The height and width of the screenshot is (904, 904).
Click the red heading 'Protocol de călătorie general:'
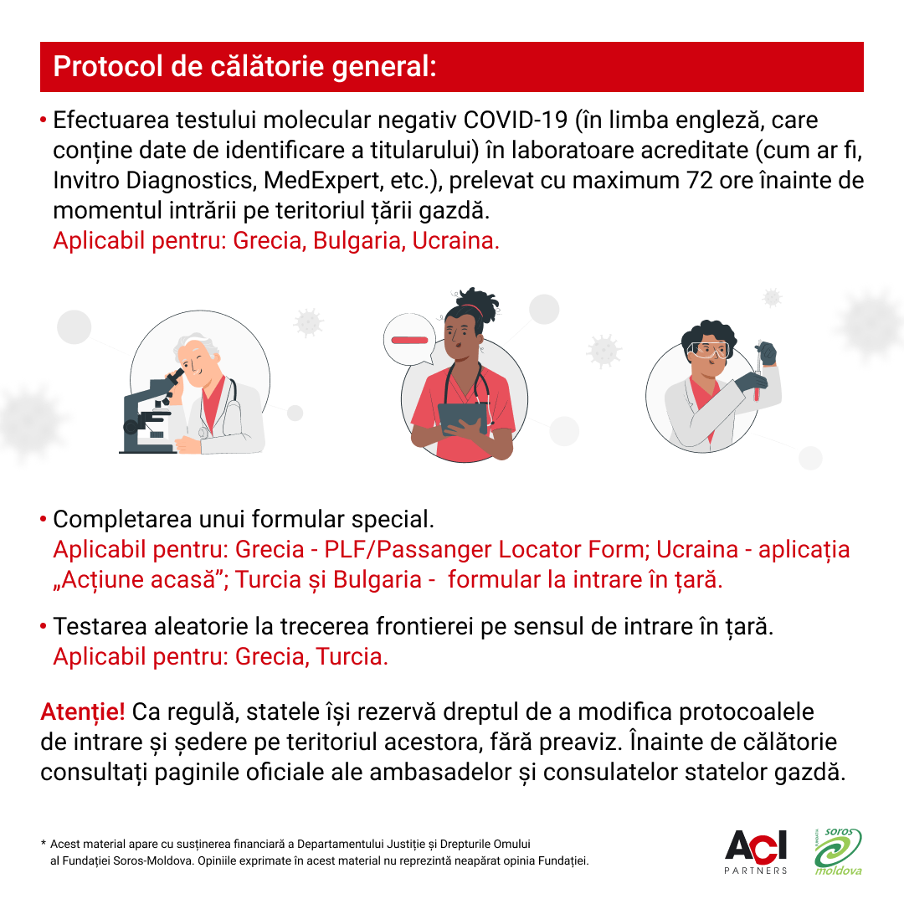pyautogui.click(x=244, y=67)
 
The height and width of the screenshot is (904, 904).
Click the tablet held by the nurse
pyautogui.click(x=463, y=416)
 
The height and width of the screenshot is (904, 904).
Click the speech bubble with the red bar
pyautogui.click(x=408, y=341)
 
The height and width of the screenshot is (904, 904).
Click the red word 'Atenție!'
pyautogui.click(x=83, y=713)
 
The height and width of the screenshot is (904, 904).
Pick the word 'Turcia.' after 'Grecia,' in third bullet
pyautogui.click(x=352, y=656)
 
